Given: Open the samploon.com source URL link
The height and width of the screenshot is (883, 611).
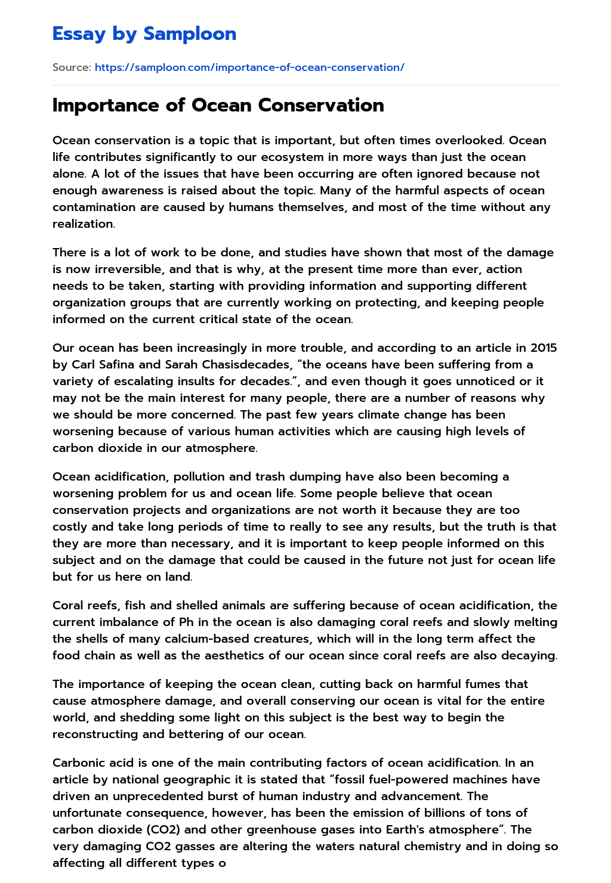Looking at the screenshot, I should pyautogui.click(x=249, y=67).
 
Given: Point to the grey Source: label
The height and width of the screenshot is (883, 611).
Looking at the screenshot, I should pyautogui.click(x=72, y=67).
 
